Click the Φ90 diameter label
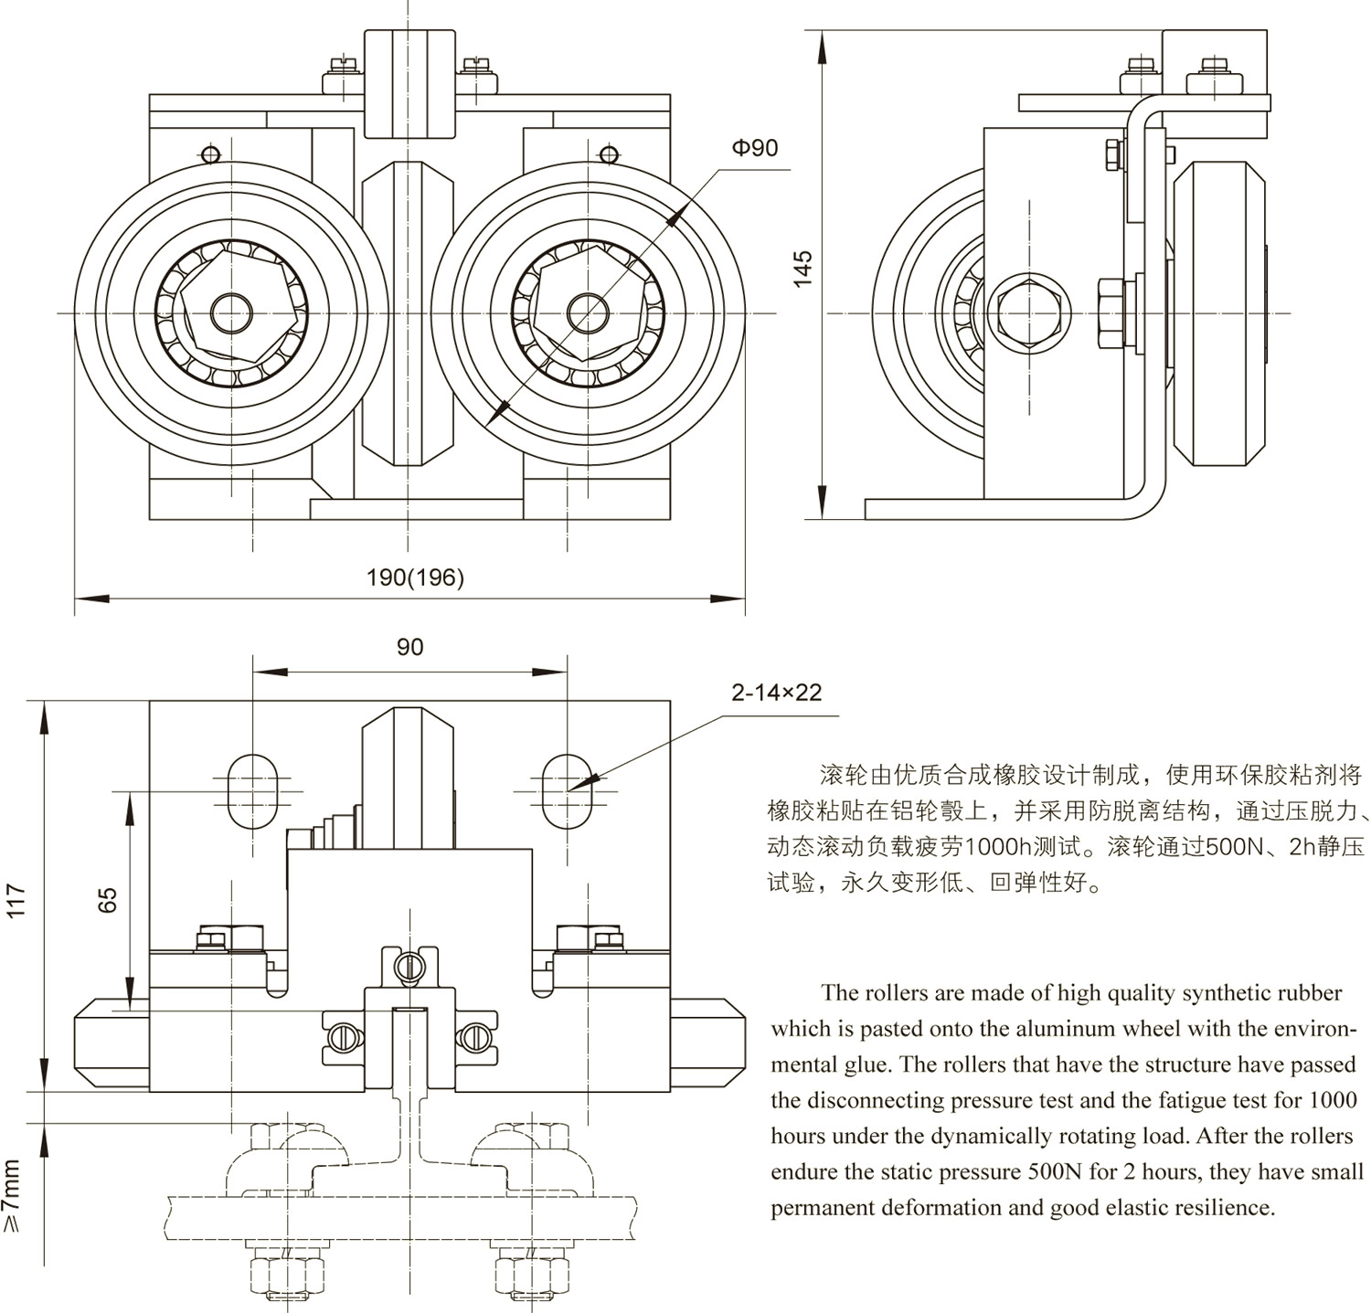pyautogui.click(x=754, y=148)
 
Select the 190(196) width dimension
pyautogui.click(x=415, y=577)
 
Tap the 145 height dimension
pyautogui.click(x=802, y=270)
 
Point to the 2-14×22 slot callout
pyautogui.click(x=776, y=693)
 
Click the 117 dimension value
pyautogui.click(x=18, y=900)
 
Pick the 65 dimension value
pyautogui.click(x=108, y=900)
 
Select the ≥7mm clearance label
pyautogui.click(x=12, y=1197)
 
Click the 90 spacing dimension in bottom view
pyautogui.click(x=409, y=647)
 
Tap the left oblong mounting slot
pyautogui.click(x=251, y=789)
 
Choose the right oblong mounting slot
pyautogui.click(x=567, y=789)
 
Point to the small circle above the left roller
pyautogui.click(x=210, y=154)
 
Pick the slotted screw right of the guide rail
pyautogui.click(x=473, y=1036)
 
